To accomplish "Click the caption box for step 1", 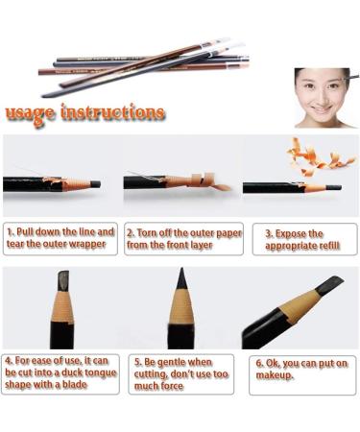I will tap(60, 240).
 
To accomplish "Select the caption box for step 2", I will tap(182, 240).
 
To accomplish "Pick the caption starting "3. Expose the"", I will tap(304, 240).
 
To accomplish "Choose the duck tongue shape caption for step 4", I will tap(60, 374).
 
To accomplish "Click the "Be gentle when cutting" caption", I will tap(181, 374).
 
